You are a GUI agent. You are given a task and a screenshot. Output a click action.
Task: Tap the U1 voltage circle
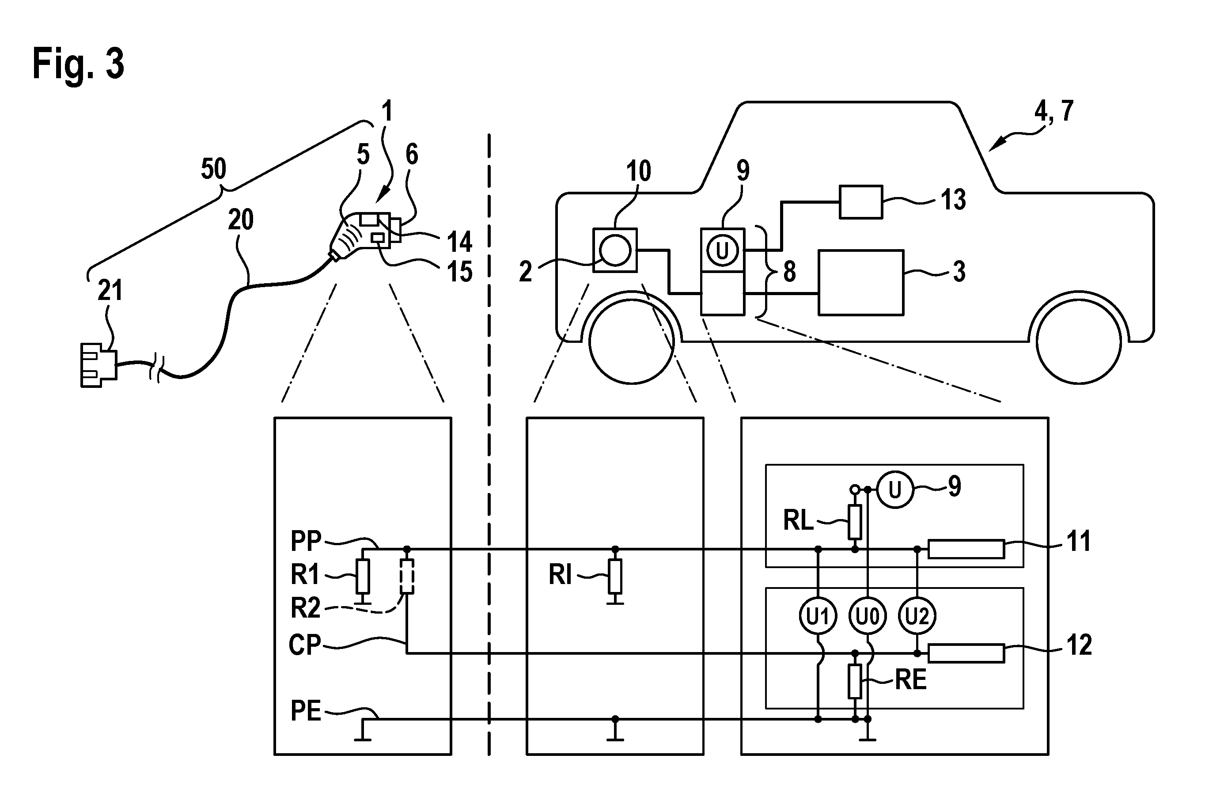click(818, 616)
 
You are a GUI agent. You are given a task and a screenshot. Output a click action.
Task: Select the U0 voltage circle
click(868, 616)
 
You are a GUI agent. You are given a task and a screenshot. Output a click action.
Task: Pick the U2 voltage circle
click(917, 616)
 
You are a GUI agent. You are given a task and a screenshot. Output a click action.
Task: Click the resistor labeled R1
click(363, 576)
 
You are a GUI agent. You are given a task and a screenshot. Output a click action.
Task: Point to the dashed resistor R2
click(407, 576)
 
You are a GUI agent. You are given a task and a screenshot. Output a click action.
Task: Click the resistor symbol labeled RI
click(614, 576)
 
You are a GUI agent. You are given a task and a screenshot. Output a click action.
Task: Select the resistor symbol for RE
click(855, 681)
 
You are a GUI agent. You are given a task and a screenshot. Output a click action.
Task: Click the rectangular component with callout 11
click(966, 549)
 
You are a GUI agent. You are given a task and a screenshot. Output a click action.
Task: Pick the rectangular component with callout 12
click(966, 653)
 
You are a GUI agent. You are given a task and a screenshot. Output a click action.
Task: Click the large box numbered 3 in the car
click(861, 282)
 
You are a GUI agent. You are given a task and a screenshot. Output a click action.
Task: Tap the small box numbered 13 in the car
click(861, 202)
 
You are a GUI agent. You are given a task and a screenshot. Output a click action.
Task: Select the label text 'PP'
click(306, 541)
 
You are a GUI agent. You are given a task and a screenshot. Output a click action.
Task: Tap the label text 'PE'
click(306, 711)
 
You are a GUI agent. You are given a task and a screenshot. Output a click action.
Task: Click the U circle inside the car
click(722, 250)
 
